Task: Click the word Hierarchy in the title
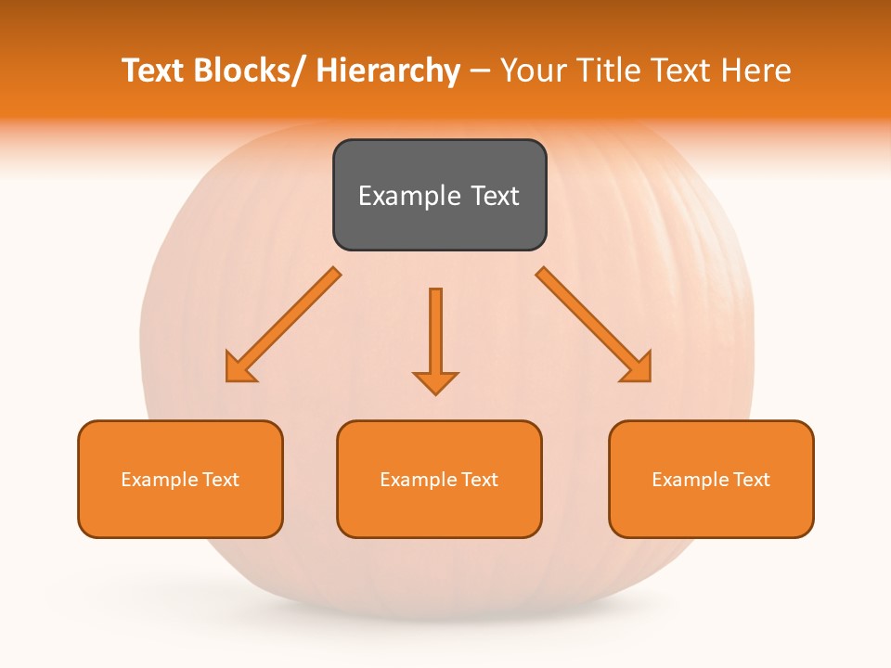coord(388,71)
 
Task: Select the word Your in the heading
coord(532,71)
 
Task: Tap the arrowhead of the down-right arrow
coord(638,367)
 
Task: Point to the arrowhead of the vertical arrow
coord(435,381)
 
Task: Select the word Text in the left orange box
coord(221,480)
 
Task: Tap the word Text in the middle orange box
coord(480,480)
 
